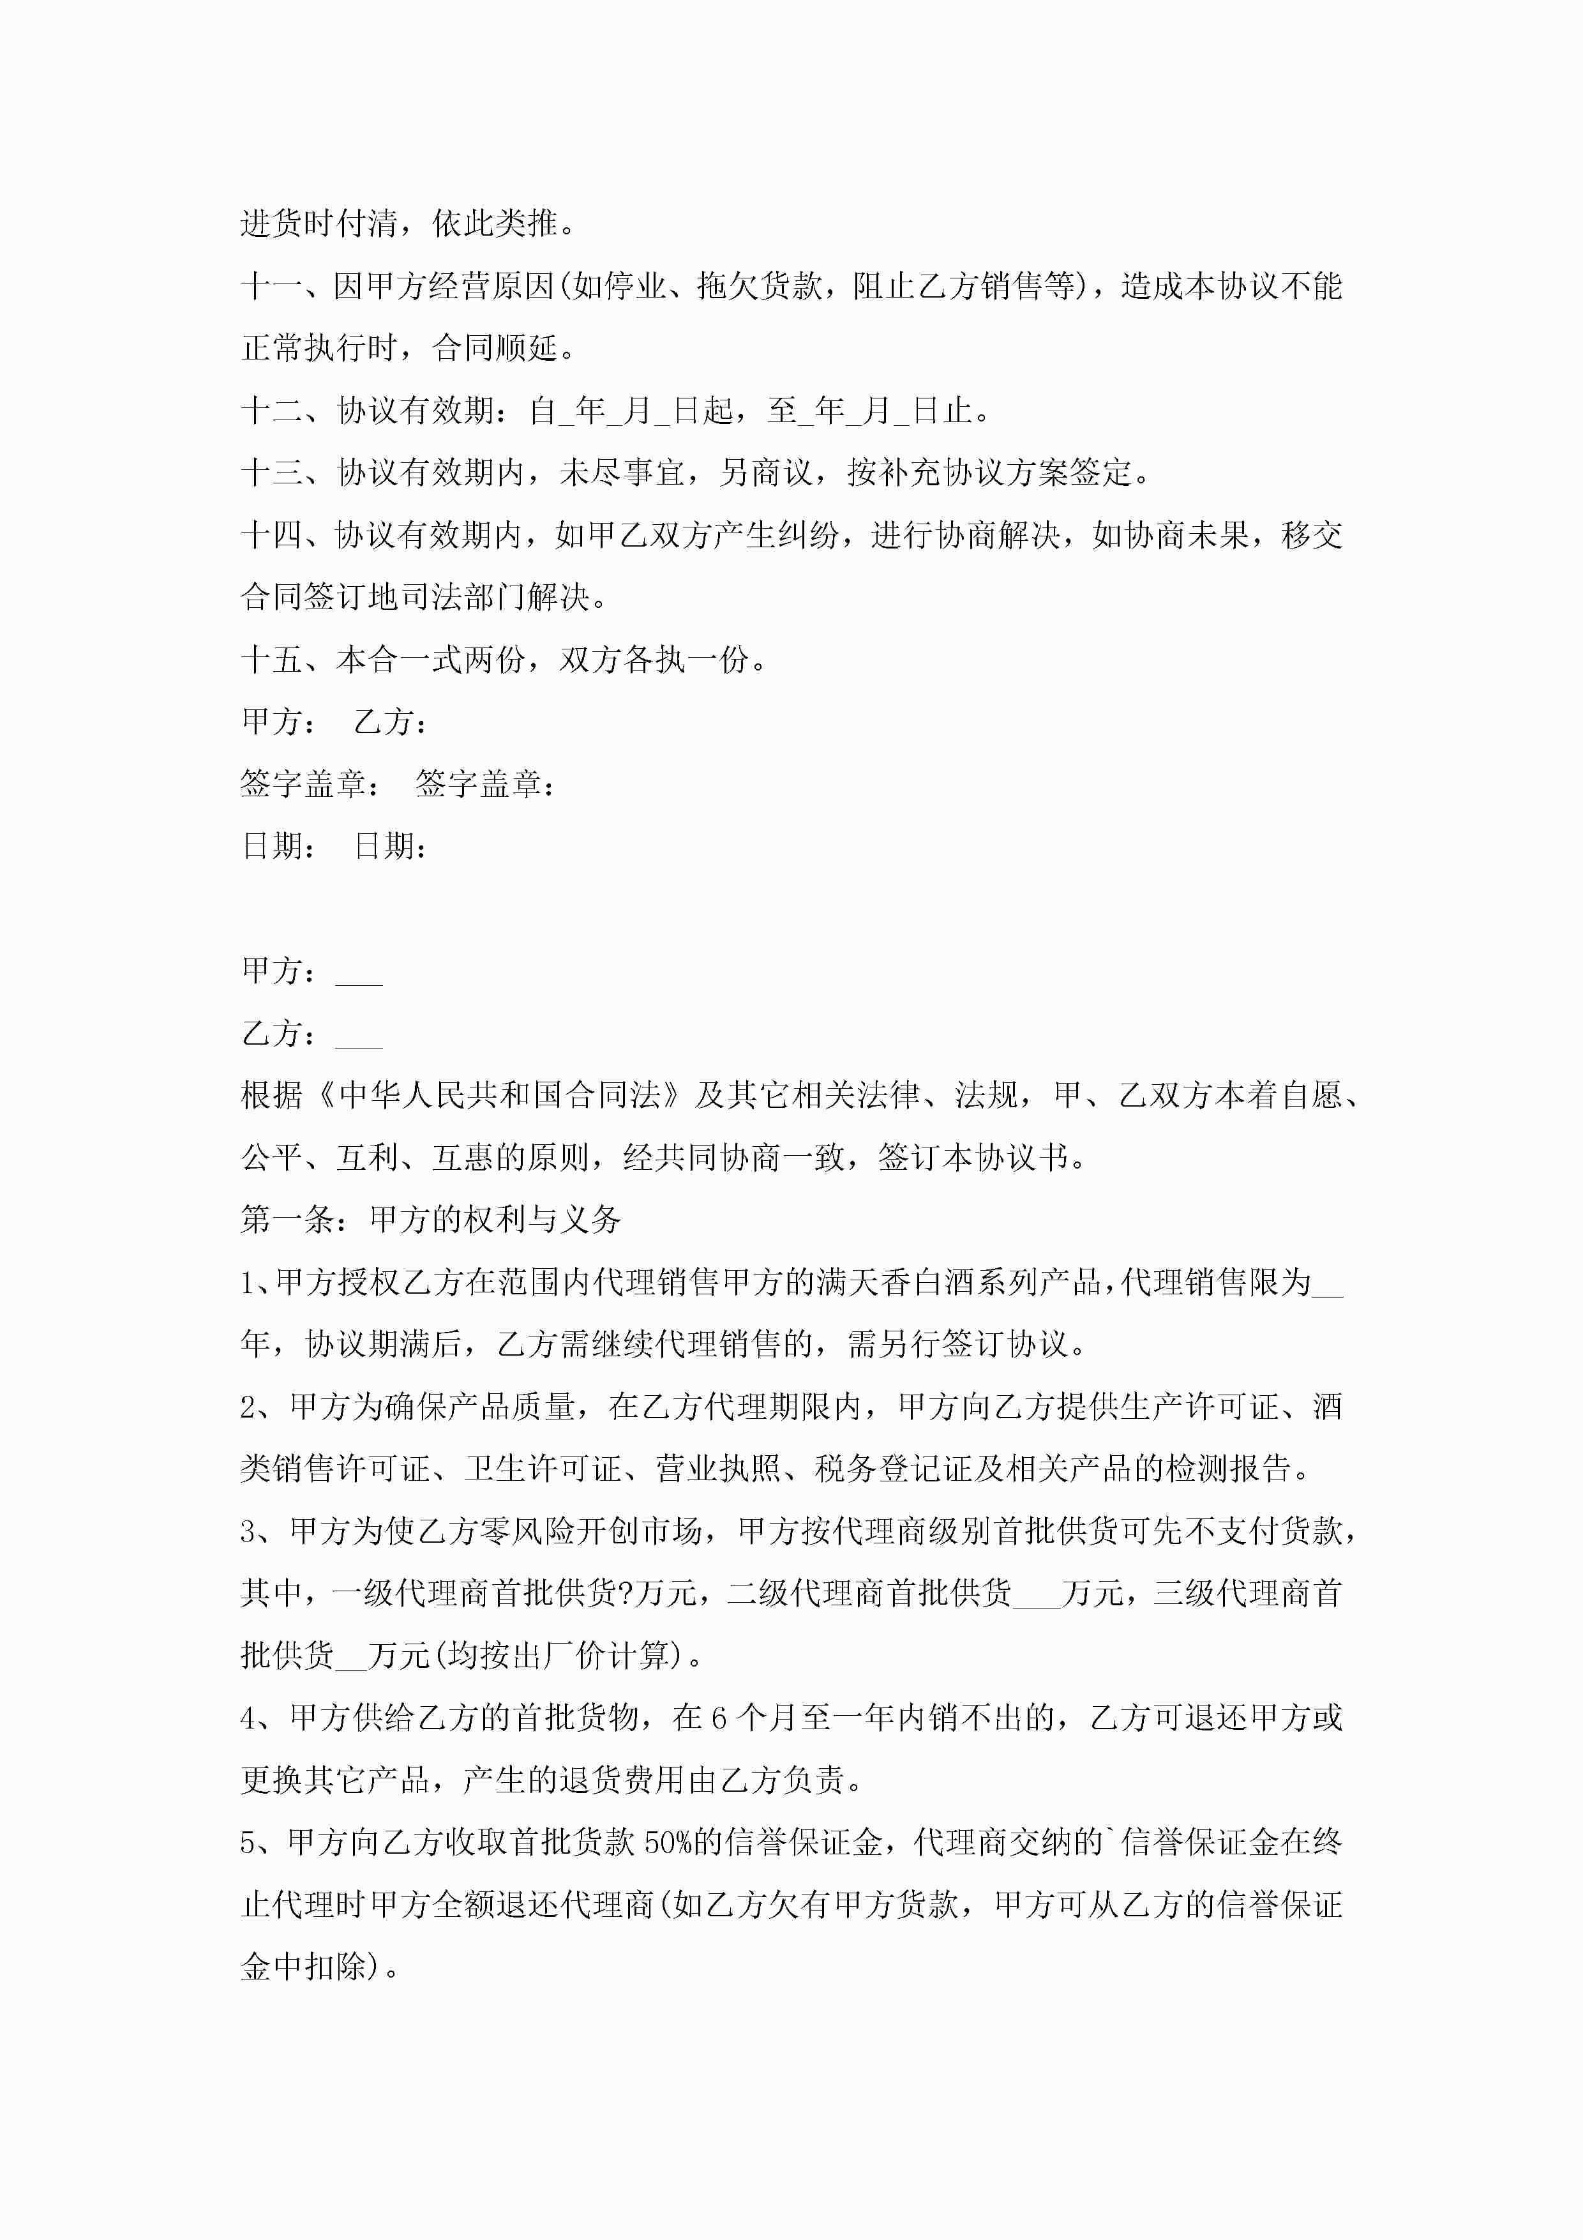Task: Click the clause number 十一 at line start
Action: [x=271, y=286]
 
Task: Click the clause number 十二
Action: [x=271, y=411]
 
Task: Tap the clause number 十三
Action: [x=271, y=473]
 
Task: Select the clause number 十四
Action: [x=271, y=534]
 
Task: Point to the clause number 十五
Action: [x=271, y=660]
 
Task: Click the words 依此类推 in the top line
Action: [x=495, y=224]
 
